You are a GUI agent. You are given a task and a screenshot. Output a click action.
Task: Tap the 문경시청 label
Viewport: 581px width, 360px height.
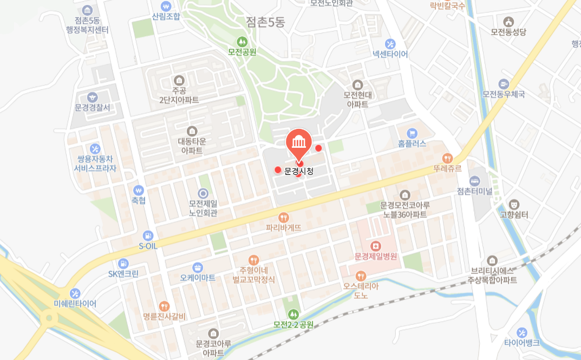[299, 171]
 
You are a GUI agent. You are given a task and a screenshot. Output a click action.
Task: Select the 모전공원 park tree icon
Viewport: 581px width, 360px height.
[242, 41]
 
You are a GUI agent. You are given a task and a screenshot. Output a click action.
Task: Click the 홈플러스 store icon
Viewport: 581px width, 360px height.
[412, 133]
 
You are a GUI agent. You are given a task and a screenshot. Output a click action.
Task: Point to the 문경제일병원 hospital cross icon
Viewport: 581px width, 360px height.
[376, 245]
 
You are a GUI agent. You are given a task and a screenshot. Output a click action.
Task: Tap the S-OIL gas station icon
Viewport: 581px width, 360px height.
[147, 235]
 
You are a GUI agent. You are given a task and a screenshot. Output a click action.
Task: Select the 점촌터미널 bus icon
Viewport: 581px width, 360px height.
[474, 180]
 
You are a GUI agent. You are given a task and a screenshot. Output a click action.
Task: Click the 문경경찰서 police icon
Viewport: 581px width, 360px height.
[93, 97]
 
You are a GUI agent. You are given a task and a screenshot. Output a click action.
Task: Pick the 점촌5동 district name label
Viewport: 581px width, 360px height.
[265, 22]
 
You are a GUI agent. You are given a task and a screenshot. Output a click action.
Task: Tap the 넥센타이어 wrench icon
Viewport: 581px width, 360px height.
[390, 43]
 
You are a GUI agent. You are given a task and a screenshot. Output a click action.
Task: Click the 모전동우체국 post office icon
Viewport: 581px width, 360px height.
[504, 84]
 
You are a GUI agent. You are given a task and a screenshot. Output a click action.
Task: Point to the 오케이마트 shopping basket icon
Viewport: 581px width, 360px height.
[198, 267]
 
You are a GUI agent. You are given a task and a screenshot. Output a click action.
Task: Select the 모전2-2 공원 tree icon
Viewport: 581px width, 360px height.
[293, 314]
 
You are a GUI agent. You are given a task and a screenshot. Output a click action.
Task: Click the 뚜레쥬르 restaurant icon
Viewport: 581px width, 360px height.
[447, 158]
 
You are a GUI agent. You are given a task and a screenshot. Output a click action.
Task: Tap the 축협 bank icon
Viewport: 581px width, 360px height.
[139, 191]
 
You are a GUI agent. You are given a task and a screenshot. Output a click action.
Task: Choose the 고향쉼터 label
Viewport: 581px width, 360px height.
[514, 215]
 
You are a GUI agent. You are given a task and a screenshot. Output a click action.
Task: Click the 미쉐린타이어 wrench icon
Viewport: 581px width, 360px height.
[75, 293]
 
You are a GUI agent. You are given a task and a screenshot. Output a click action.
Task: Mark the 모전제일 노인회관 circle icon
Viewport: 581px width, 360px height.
[203, 193]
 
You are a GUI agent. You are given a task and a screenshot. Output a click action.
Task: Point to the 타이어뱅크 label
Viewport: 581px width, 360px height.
[521, 343]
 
